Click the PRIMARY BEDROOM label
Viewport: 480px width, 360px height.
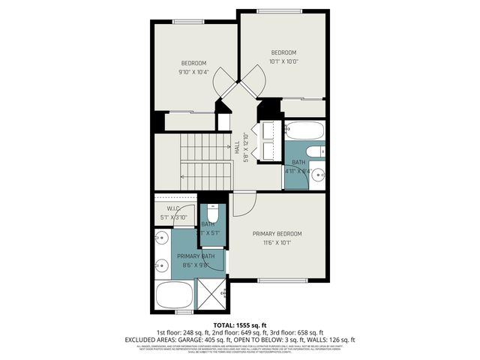coord(277,233)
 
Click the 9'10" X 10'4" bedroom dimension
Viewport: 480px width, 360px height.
coord(193,72)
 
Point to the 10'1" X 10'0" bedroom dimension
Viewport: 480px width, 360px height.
coord(283,61)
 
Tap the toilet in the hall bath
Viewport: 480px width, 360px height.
coord(316,151)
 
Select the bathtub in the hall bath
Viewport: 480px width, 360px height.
coord(304,131)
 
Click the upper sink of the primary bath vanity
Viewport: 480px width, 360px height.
coord(160,239)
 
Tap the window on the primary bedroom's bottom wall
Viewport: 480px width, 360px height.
coord(283,280)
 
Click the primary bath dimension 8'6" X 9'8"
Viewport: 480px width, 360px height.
coord(195,264)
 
